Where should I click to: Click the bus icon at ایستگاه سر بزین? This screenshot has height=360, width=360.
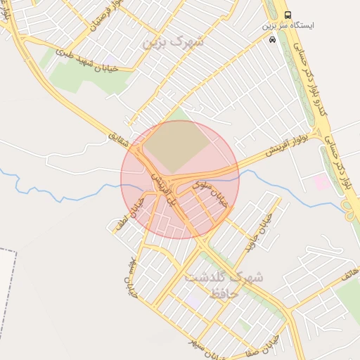pyautogui.click(x=288, y=15)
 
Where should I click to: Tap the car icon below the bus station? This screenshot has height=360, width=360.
pyautogui.click(x=272, y=40)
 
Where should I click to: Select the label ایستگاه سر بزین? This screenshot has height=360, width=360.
pyautogui.click(x=288, y=25)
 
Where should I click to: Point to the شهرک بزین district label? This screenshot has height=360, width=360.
pyautogui.click(x=172, y=41)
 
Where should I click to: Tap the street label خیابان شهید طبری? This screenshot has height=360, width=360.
pyautogui.click(x=85, y=59)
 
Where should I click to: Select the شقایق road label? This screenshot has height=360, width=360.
pyautogui.click(x=120, y=134)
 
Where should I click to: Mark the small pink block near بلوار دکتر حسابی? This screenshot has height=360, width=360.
pyautogui.click(x=321, y=183)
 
